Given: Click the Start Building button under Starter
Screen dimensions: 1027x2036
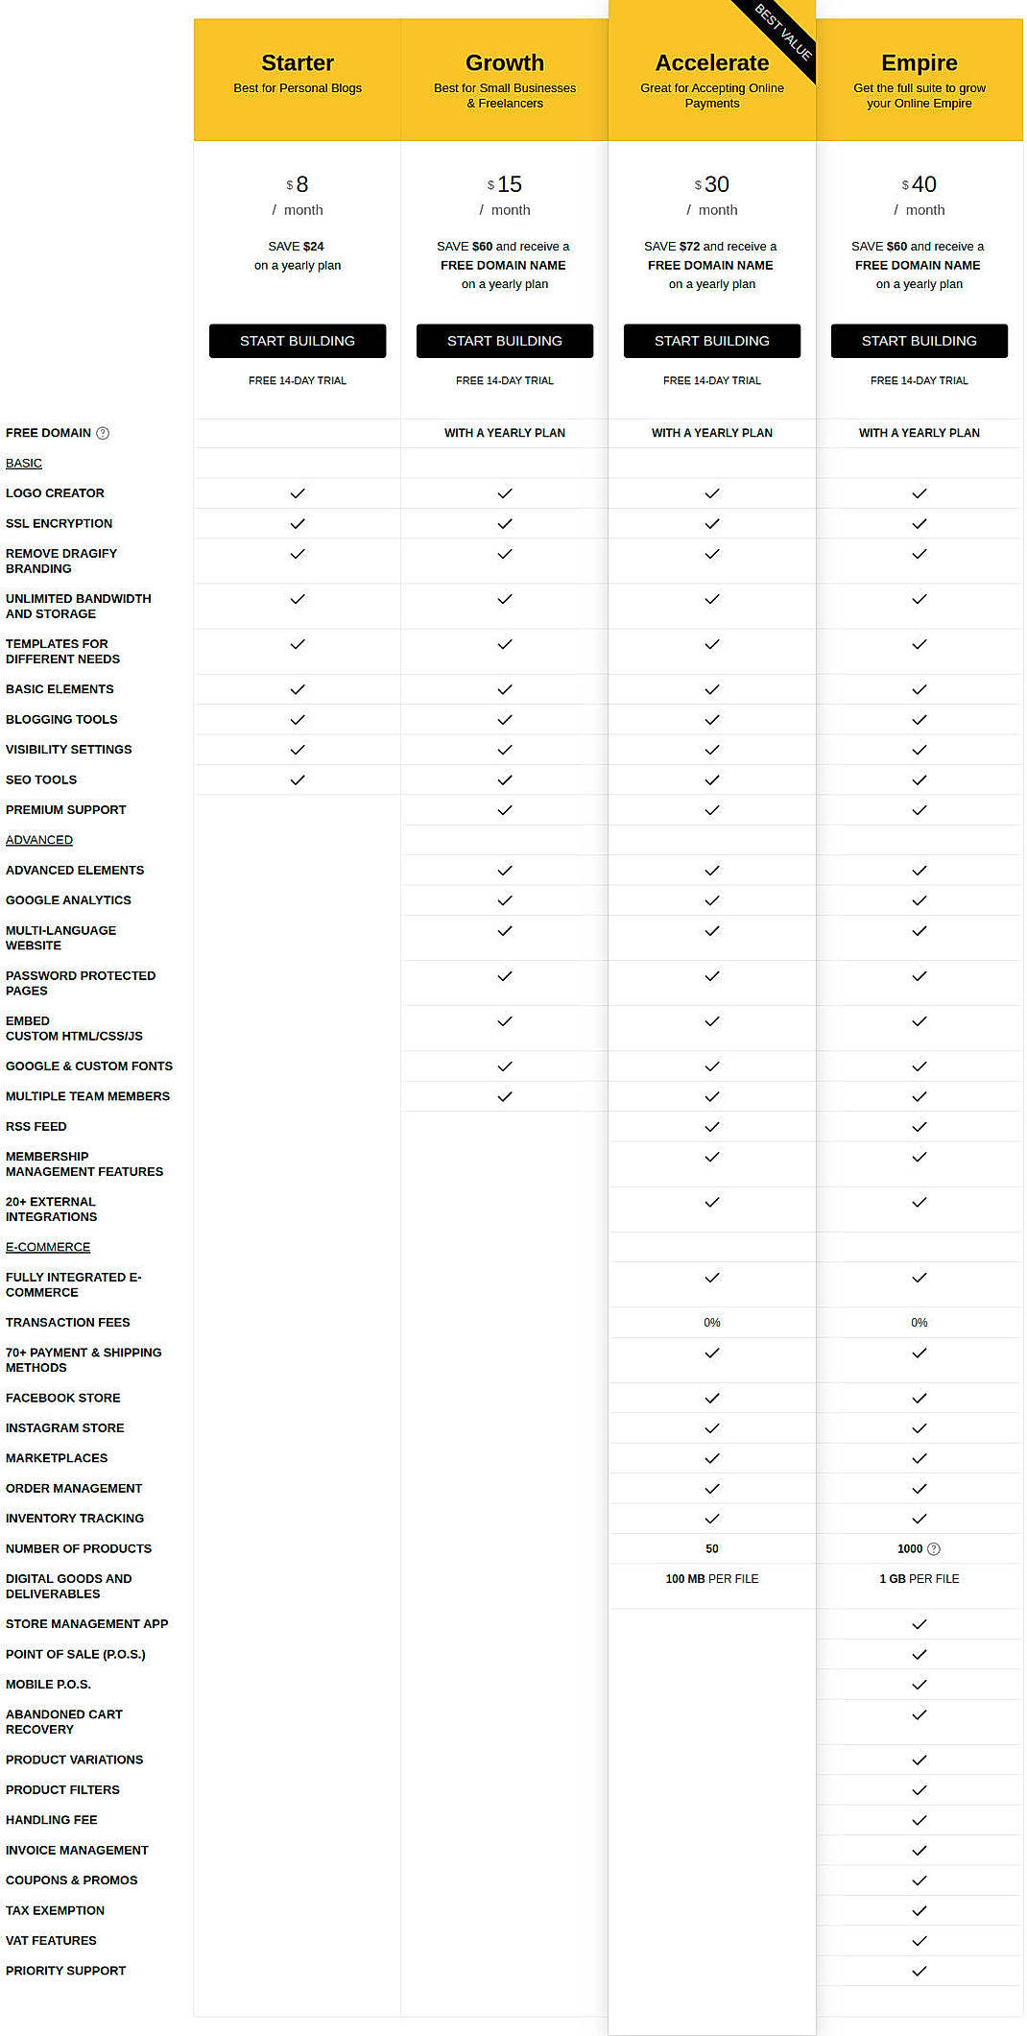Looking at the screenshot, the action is (298, 341).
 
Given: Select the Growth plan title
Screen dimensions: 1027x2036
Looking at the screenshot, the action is (505, 63).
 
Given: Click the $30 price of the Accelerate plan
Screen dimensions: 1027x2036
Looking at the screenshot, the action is (712, 184).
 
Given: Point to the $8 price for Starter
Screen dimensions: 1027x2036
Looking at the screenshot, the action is (298, 184).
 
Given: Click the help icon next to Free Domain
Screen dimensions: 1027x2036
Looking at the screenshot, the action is (103, 434).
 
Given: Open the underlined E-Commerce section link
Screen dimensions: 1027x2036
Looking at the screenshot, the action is (48, 1247).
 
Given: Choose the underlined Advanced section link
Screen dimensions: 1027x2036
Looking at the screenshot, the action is (39, 840).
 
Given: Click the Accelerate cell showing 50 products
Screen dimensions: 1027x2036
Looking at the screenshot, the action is (712, 1548).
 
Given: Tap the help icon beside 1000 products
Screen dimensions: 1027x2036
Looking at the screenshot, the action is (934, 1549).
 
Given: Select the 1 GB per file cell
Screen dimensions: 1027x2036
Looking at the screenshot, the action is (920, 1579).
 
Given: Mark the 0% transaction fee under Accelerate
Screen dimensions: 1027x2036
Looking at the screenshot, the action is (712, 1323).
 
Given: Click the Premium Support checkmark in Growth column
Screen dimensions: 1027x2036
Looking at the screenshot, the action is (505, 810).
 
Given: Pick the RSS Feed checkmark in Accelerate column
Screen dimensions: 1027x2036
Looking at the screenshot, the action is (712, 1127).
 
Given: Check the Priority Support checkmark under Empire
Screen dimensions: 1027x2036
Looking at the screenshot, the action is (920, 1971).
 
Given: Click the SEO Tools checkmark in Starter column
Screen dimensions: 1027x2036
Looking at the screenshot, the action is (298, 780).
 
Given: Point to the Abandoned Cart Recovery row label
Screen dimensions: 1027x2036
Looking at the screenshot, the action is (64, 1722).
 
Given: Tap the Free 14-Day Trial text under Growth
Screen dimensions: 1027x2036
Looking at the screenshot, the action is (505, 381).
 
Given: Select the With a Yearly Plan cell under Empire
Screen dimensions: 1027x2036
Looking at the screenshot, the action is (920, 433).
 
